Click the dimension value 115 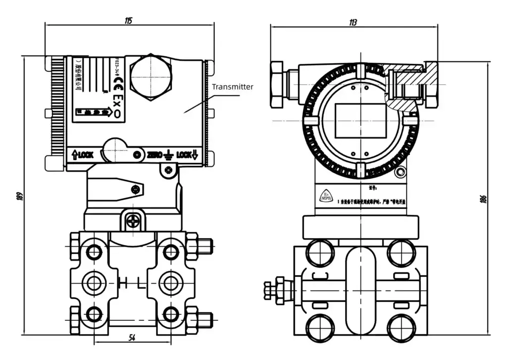click(129, 20)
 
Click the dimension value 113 click(353, 22)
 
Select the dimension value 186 click(484, 199)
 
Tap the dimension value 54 click(132, 338)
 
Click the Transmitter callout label click(233, 87)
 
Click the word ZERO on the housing click(154, 155)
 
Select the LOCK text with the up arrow click(83, 155)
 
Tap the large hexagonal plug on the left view click(151, 78)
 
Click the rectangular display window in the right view click(360, 121)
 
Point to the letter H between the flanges click(123, 283)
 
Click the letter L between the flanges click(141, 283)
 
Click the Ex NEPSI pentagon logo click(326, 196)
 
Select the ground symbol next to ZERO click(168, 155)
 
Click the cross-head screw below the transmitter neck click(132, 221)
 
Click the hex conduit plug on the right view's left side click(277, 84)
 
